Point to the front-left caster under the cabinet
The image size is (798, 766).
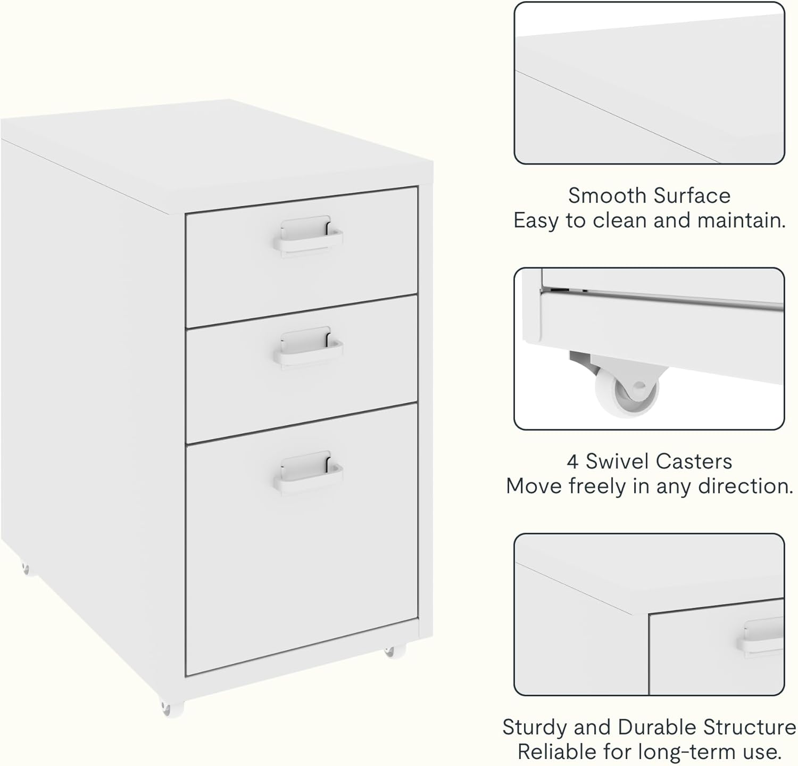point(172,708)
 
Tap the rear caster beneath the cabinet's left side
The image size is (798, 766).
point(26,569)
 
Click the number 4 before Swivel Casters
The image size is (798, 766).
point(572,462)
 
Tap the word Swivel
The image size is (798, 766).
point(618,462)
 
